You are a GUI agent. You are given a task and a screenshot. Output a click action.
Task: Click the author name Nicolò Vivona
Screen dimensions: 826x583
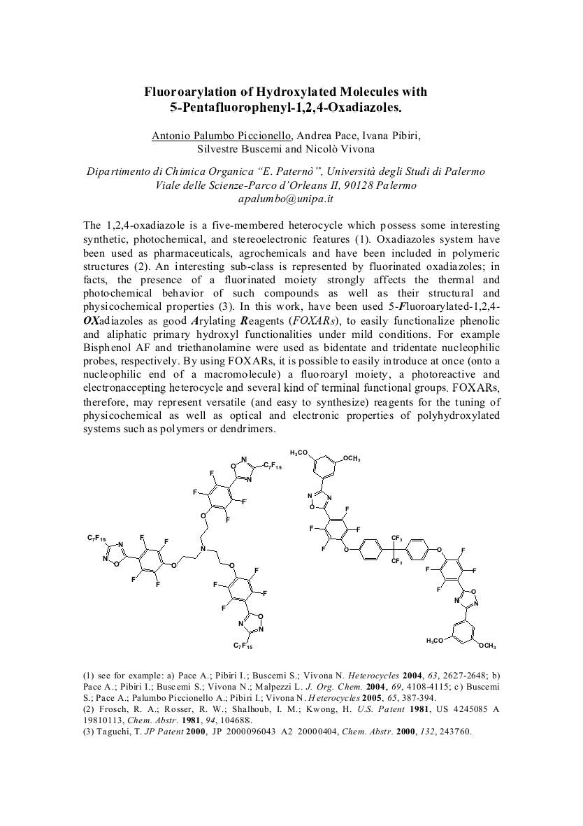341,148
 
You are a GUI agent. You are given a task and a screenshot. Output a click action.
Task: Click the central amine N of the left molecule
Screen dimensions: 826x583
203,550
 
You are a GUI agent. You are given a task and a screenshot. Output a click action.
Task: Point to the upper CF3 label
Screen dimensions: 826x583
396,538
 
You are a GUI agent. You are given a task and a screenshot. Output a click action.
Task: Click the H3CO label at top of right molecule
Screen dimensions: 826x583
298,454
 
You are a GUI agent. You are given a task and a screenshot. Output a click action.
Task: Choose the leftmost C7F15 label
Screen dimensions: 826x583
96,538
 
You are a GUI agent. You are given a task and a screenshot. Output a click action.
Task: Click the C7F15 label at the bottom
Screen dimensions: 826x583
243,646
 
